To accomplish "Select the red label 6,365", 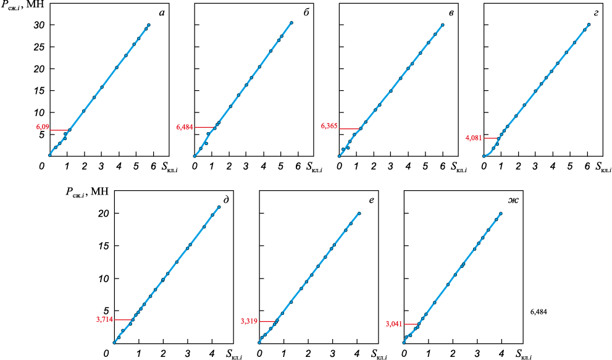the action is [329, 126].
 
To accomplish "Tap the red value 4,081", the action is [474, 138].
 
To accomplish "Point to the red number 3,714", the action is [104, 319].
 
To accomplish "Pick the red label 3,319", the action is [249, 321].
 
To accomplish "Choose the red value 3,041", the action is [394, 324].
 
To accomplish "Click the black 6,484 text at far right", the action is [539, 312].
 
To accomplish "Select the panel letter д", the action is [226, 200].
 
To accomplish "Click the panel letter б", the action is [306, 13].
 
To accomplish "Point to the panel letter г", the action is [596, 14].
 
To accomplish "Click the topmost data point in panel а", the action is [149, 25].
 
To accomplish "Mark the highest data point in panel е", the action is [359, 213].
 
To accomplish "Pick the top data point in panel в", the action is [443, 25].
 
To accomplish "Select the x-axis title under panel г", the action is [603, 167].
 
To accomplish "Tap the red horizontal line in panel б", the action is [204, 127].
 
